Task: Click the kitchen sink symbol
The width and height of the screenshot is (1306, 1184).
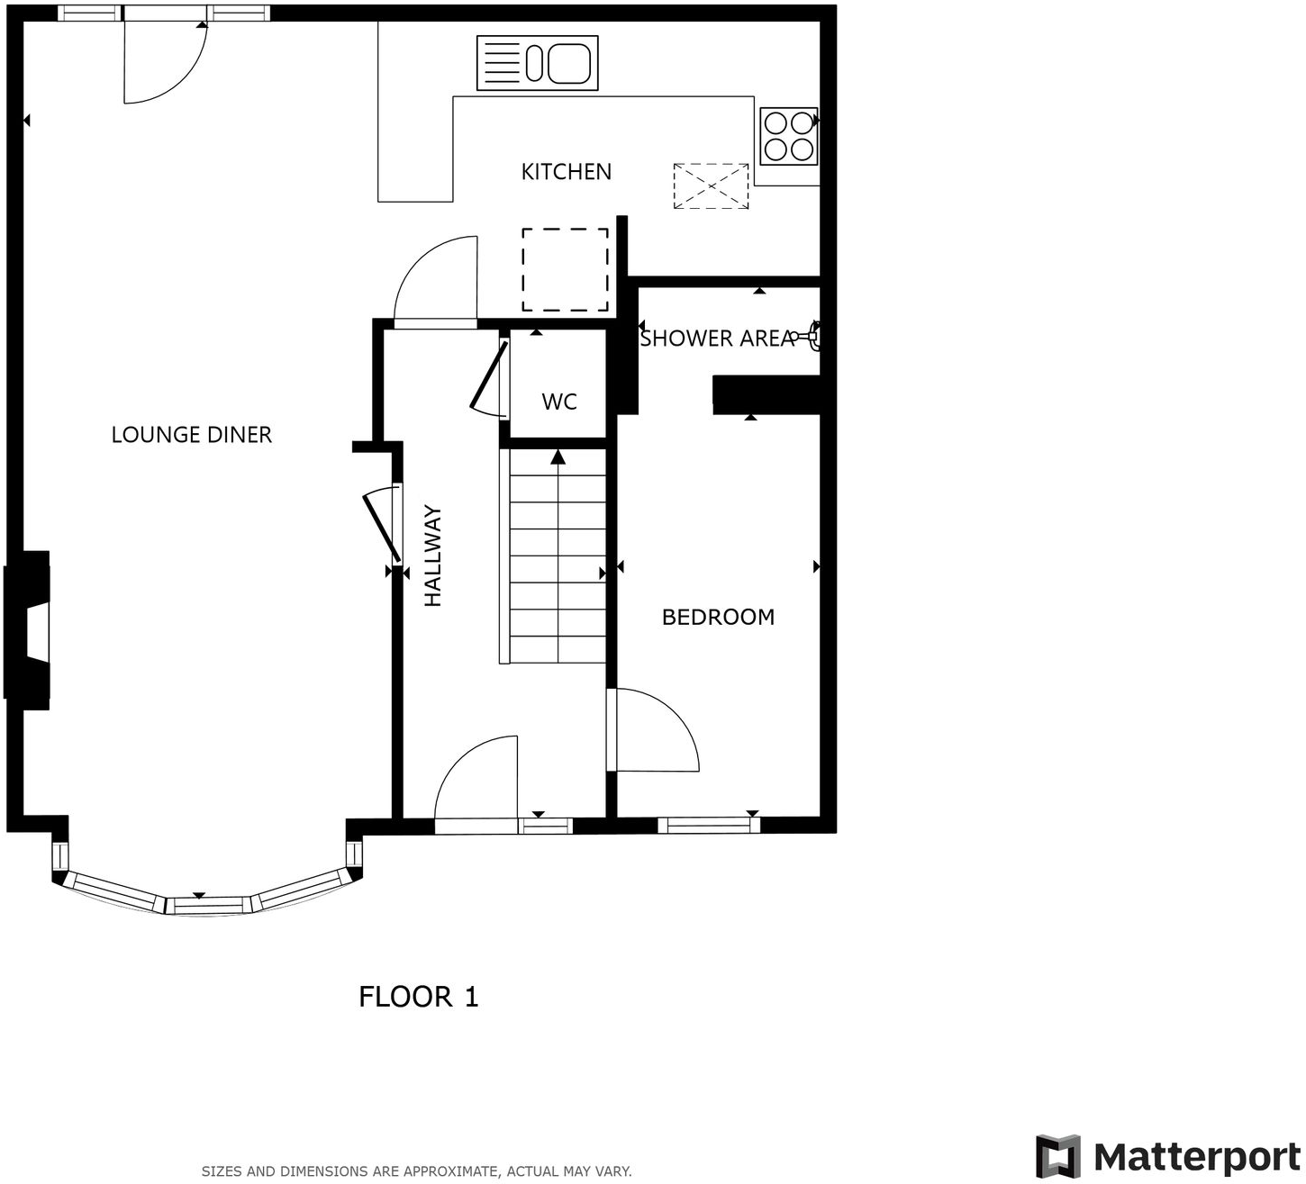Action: point(537,63)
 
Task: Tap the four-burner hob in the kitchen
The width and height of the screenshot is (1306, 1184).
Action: point(789,136)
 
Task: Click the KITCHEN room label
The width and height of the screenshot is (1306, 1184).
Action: point(566,171)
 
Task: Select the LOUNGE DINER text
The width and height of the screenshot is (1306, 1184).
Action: point(191,435)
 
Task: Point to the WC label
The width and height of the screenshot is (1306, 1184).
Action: point(558,402)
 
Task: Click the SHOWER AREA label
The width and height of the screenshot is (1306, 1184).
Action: point(716,339)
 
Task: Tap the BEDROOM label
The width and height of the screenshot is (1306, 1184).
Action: point(718,617)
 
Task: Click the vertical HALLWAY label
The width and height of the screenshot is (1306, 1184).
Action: point(433,556)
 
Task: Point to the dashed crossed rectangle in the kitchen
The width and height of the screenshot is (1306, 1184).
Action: point(712,186)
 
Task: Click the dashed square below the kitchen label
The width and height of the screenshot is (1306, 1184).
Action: point(566,269)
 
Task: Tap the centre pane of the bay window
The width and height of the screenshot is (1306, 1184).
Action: point(208,904)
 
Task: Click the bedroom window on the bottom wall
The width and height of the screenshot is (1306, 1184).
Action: point(708,824)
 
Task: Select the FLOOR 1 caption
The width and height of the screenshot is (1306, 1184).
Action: point(419,997)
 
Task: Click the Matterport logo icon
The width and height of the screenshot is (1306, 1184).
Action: point(1057,1156)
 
